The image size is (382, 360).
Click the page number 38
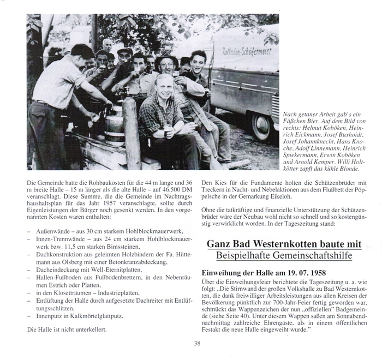(x=197, y=343)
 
